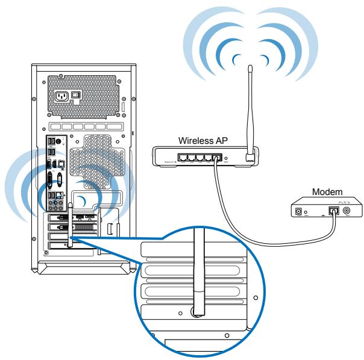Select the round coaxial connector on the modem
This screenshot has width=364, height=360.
347,211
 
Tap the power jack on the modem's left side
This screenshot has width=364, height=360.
298,211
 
